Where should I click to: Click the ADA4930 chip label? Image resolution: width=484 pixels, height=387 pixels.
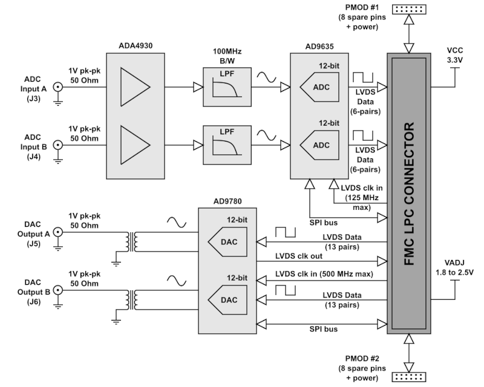[x=136, y=46]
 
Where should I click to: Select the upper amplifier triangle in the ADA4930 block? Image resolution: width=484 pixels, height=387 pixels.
[x=135, y=86]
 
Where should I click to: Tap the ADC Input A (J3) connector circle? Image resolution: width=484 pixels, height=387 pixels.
[x=57, y=87]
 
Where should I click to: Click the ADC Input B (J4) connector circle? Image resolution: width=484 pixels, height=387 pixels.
[x=57, y=145]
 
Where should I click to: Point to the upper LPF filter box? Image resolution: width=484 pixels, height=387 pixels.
[x=227, y=87]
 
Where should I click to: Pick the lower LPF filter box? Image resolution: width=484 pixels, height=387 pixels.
[x=227, y=145]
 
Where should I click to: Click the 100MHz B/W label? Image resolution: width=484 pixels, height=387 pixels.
[x=227, y=56]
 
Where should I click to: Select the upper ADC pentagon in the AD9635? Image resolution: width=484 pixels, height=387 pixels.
[x=319, y=87]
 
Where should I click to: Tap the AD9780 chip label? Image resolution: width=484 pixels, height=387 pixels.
[x=227, y=201]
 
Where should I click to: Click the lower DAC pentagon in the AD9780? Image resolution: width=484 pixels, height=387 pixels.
[x=227, y=300]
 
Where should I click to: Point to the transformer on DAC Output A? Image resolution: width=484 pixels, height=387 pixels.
[x=131, y=242]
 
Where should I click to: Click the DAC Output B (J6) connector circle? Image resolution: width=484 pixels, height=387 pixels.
[x=57, y=290]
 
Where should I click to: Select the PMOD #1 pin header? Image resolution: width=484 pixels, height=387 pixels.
[x=409, y=9]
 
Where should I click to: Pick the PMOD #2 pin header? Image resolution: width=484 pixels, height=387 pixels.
[x=409, y=377]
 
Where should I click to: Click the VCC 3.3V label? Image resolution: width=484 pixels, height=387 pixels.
[x=455, y=55]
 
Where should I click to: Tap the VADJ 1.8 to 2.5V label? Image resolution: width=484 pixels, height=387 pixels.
[x=454, y=267]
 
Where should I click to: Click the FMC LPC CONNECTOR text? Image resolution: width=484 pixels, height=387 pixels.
[x=409, y=194]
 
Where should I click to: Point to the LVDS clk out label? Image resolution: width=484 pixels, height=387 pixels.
[x=299, y=256]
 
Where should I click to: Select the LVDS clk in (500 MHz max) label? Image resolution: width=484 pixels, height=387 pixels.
[x=324, y=274]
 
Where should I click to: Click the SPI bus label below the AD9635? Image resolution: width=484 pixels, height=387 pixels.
[x=324, y=223]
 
